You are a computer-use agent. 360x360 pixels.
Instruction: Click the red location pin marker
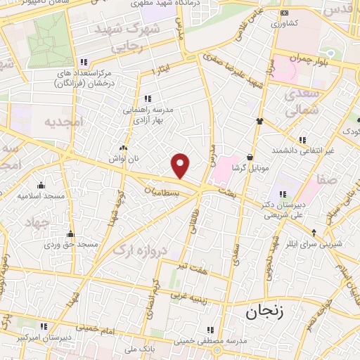coord(181,166)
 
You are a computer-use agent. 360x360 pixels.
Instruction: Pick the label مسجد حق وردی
coord(70,245)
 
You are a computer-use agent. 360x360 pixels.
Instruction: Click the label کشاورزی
coord(284,22)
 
